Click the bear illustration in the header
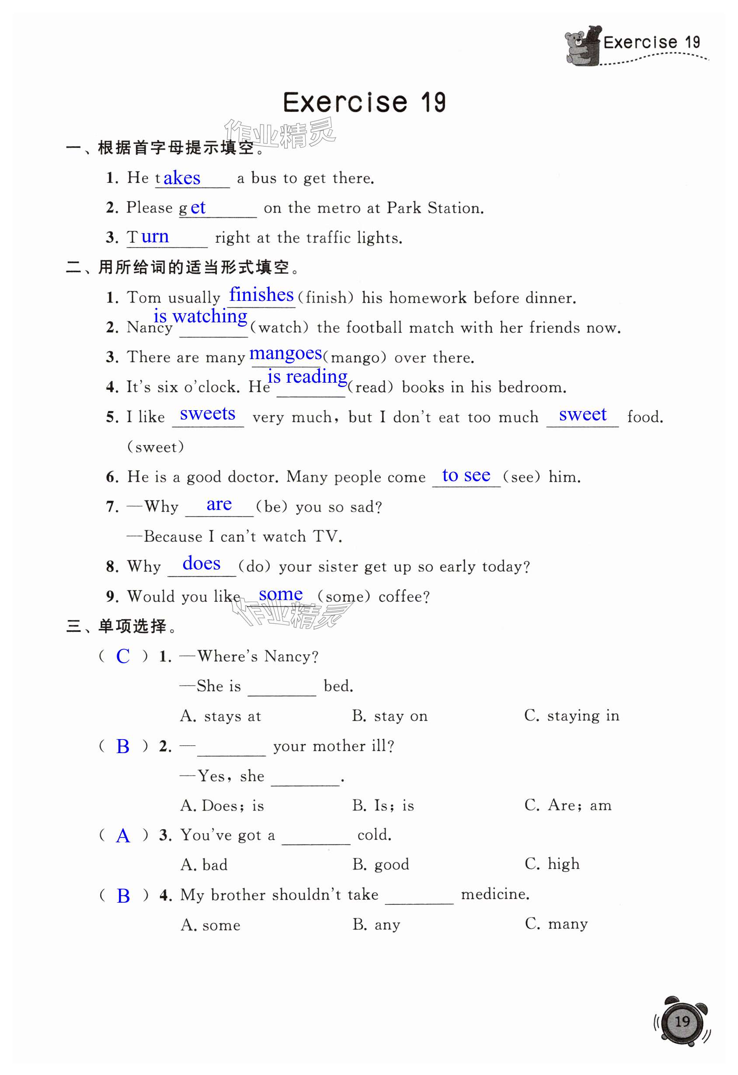point(582,46)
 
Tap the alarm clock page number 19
point(682,1021)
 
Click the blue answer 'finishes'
point(261,295)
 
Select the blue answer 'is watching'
point(201,316)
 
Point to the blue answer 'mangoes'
point(285,353)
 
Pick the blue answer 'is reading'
point(307,377)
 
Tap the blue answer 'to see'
point(466,475)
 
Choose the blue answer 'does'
point(202,563)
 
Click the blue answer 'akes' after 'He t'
point(182,178)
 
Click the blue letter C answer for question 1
point(123,656)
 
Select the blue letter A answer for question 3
point(123,835)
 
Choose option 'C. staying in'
point(571,716)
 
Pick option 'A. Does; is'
point(222,805)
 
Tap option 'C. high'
point(552,864)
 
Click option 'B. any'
point(376,924)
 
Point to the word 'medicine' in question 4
point(495,894)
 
